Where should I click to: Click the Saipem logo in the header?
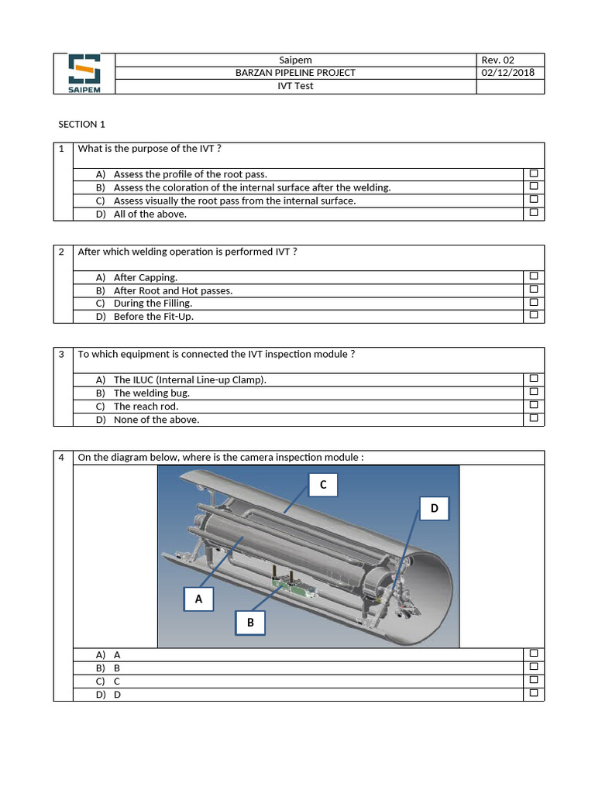point(84,74)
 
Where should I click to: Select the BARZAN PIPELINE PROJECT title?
point(295,73)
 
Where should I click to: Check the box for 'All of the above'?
point(533,213)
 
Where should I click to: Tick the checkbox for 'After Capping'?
point(533,276)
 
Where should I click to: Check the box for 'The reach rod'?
point(533,405)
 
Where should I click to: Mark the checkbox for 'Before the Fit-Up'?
point(533,316)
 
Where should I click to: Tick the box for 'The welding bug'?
point(533,392)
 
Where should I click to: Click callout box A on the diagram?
point(198,599)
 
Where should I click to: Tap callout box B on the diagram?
point(250,623)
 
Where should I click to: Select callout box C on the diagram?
point(323,486)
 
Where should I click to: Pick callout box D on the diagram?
point(434,509)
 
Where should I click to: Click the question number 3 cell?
point(62,355)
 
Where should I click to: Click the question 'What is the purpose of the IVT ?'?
point(145,149)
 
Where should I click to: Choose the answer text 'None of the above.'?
point(156,420)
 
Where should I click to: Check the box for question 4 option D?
point(533,694)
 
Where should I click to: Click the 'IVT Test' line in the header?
point(295,86)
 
